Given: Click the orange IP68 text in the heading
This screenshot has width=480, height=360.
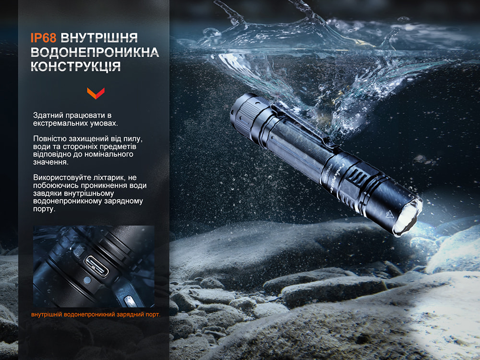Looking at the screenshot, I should tap(43, 38).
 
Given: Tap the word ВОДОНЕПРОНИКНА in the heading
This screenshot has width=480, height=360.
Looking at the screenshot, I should tap(95, 52).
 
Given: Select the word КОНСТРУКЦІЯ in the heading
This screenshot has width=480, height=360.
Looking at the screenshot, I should tap(75, 67).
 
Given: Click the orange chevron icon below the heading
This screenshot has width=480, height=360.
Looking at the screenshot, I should tap(96, 93).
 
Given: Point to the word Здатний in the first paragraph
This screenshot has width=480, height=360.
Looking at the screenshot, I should tap(48, 115).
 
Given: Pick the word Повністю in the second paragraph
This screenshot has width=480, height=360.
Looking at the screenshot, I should tap(49, 139).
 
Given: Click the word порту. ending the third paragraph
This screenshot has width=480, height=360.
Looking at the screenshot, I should tap(44, 209).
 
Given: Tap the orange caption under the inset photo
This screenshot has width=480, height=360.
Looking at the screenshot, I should tap(96, 314).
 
